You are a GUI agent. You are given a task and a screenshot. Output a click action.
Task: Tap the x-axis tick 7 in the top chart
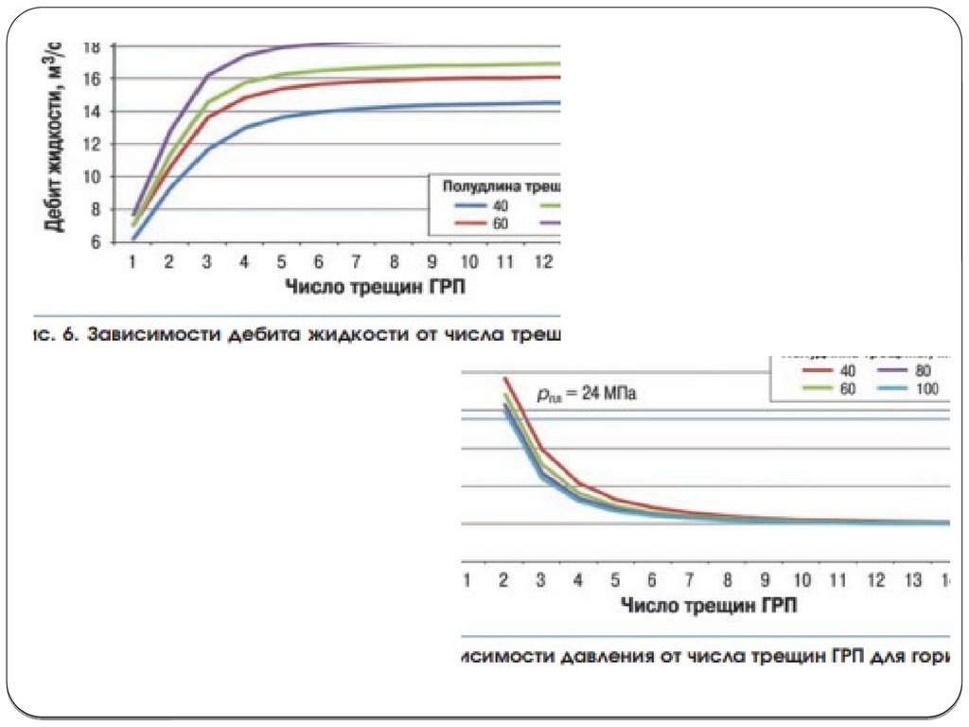pyautogui.click(x=356, y=261)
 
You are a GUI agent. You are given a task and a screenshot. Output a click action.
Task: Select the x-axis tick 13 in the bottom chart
pyautogui.click(x=914, y=579)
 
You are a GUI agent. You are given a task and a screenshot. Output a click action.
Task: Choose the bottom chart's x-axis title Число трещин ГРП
pyautogui.click(x=709, y=604)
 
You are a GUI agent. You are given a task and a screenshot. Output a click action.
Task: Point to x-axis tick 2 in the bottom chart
pyautogui.click(x=502, y=579)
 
